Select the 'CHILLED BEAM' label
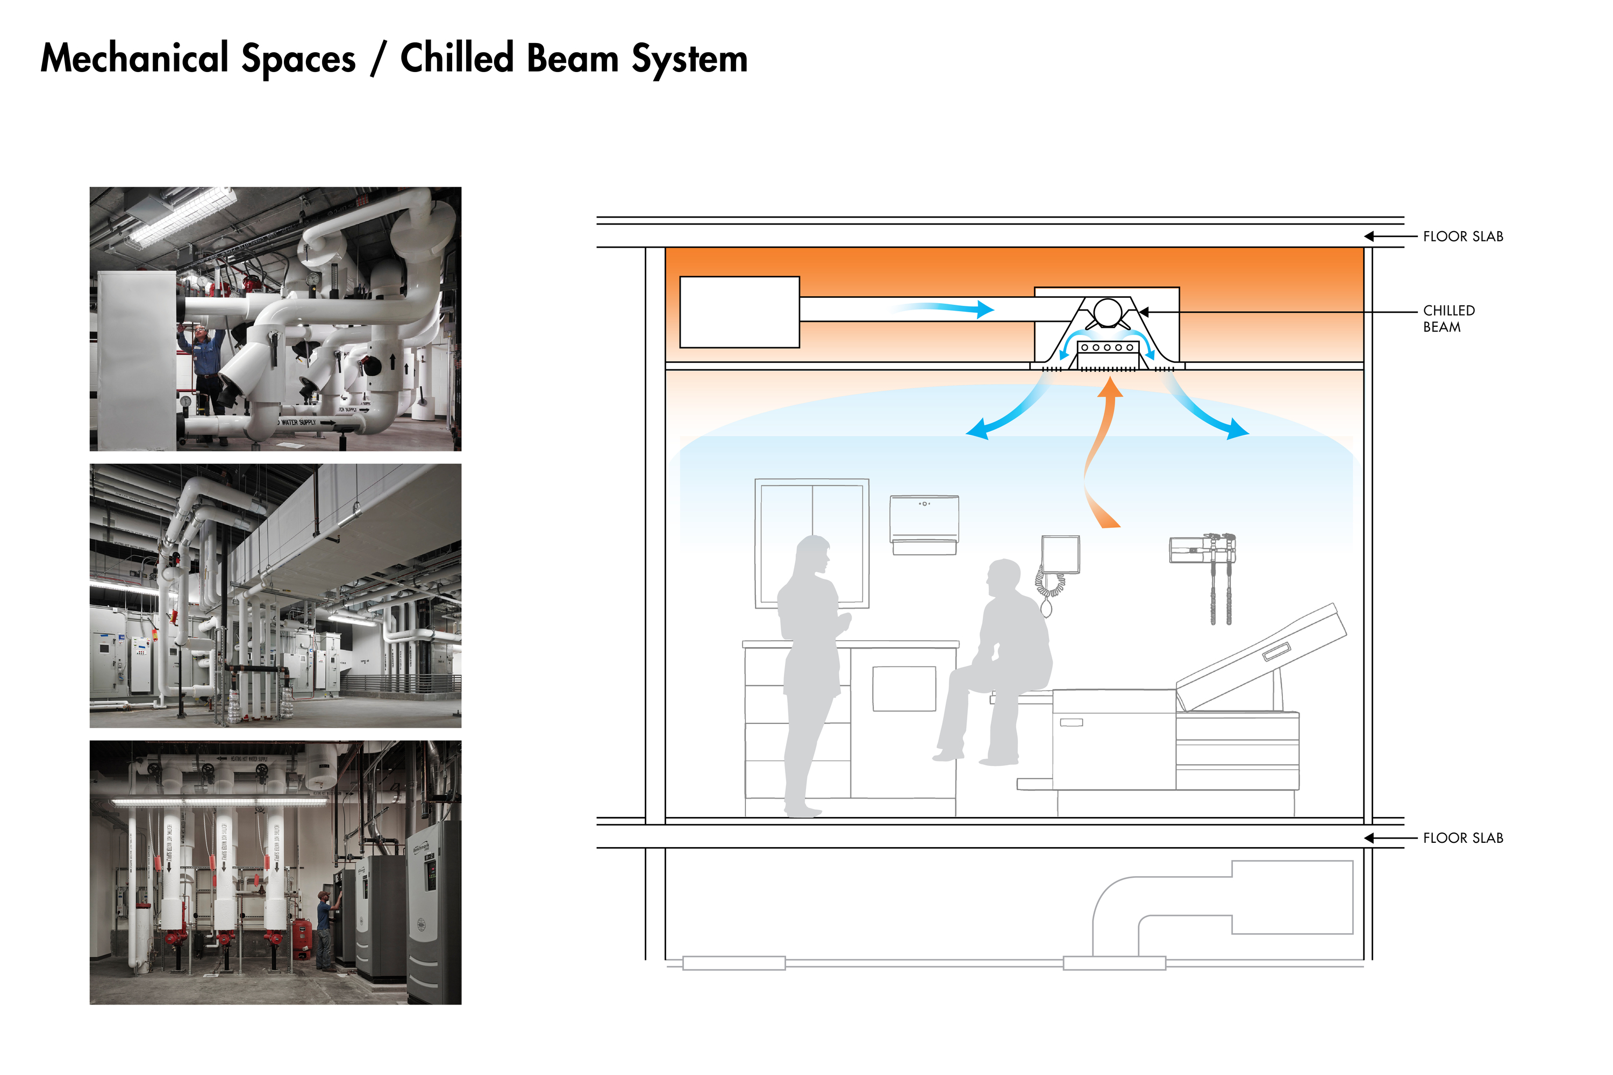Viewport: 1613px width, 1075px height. (1448, 319)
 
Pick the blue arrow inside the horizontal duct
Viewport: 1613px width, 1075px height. (946, 309)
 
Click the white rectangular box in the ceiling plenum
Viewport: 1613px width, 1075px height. (739, 312)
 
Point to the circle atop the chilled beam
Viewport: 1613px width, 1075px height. (1107, 312)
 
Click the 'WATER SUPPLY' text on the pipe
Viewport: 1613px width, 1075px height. (298, 422)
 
